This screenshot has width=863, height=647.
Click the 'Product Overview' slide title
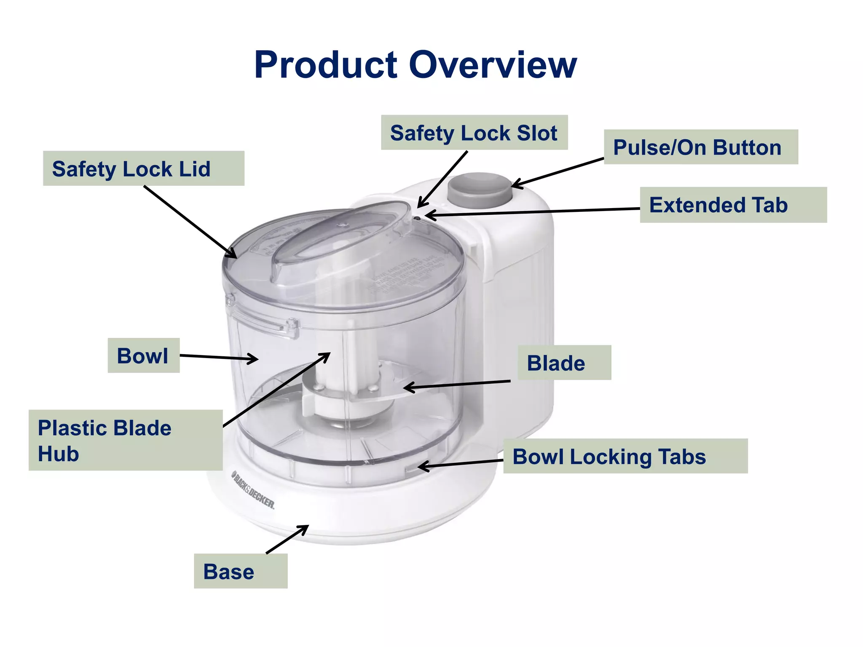click(415, 65)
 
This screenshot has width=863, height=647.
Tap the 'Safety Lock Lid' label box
click(143, 168)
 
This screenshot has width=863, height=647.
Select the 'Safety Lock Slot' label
click(474, 133)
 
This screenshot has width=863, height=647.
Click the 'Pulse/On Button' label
click(700, 147)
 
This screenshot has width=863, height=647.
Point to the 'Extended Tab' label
click(733, 205)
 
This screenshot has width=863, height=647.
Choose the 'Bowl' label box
click(143, 356)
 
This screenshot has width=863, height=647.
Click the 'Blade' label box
click(564, 363)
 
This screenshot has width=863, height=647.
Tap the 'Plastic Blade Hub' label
click(125, 440)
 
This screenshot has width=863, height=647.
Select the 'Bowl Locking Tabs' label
click(625, 456)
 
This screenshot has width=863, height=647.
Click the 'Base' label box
click(240, 571)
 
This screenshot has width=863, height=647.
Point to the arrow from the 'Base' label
click(287, 539)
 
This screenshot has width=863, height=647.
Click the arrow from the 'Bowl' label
click(219, 358)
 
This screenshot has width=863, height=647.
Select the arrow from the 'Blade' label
click(457, 384)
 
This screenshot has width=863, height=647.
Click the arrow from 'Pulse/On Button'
click(557, 173)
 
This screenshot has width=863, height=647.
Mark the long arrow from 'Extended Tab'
click(533, 212)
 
